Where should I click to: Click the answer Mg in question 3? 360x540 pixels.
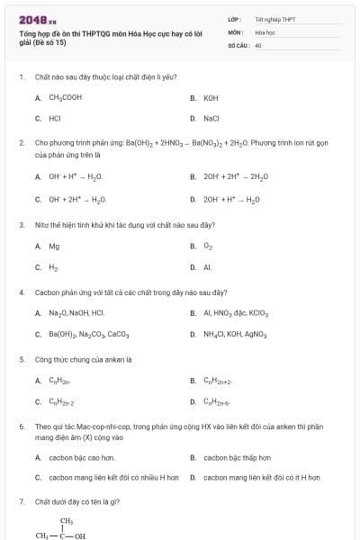point(54,246)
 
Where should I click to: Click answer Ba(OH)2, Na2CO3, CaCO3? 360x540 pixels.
point(89,334)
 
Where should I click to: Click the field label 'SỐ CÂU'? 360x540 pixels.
point(238,44)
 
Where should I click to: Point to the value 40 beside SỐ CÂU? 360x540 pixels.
point(258,44)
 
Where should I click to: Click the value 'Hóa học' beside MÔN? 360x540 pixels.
point(265,31)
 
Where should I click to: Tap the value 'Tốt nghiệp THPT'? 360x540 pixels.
point(274,19)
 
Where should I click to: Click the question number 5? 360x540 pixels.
point(21,359)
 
